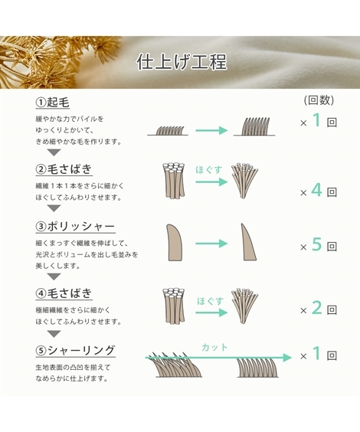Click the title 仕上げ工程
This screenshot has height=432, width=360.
coord(180,61)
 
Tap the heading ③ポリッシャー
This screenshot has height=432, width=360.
coord(76,227)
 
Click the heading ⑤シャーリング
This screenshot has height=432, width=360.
coord(76,351)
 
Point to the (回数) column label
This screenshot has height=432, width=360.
coord(318,100)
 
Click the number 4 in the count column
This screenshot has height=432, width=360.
coord(316,190)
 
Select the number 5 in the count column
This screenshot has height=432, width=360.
coord(316,246)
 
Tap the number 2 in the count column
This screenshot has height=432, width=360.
coord(316,309)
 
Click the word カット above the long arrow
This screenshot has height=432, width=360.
coord(214,347)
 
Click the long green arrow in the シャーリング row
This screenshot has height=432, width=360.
coord(218,358)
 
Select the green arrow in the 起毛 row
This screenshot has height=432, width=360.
coord(211,130)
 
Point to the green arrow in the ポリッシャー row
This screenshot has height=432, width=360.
coord(211,244)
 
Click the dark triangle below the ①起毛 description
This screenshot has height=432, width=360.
coord(54,152)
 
